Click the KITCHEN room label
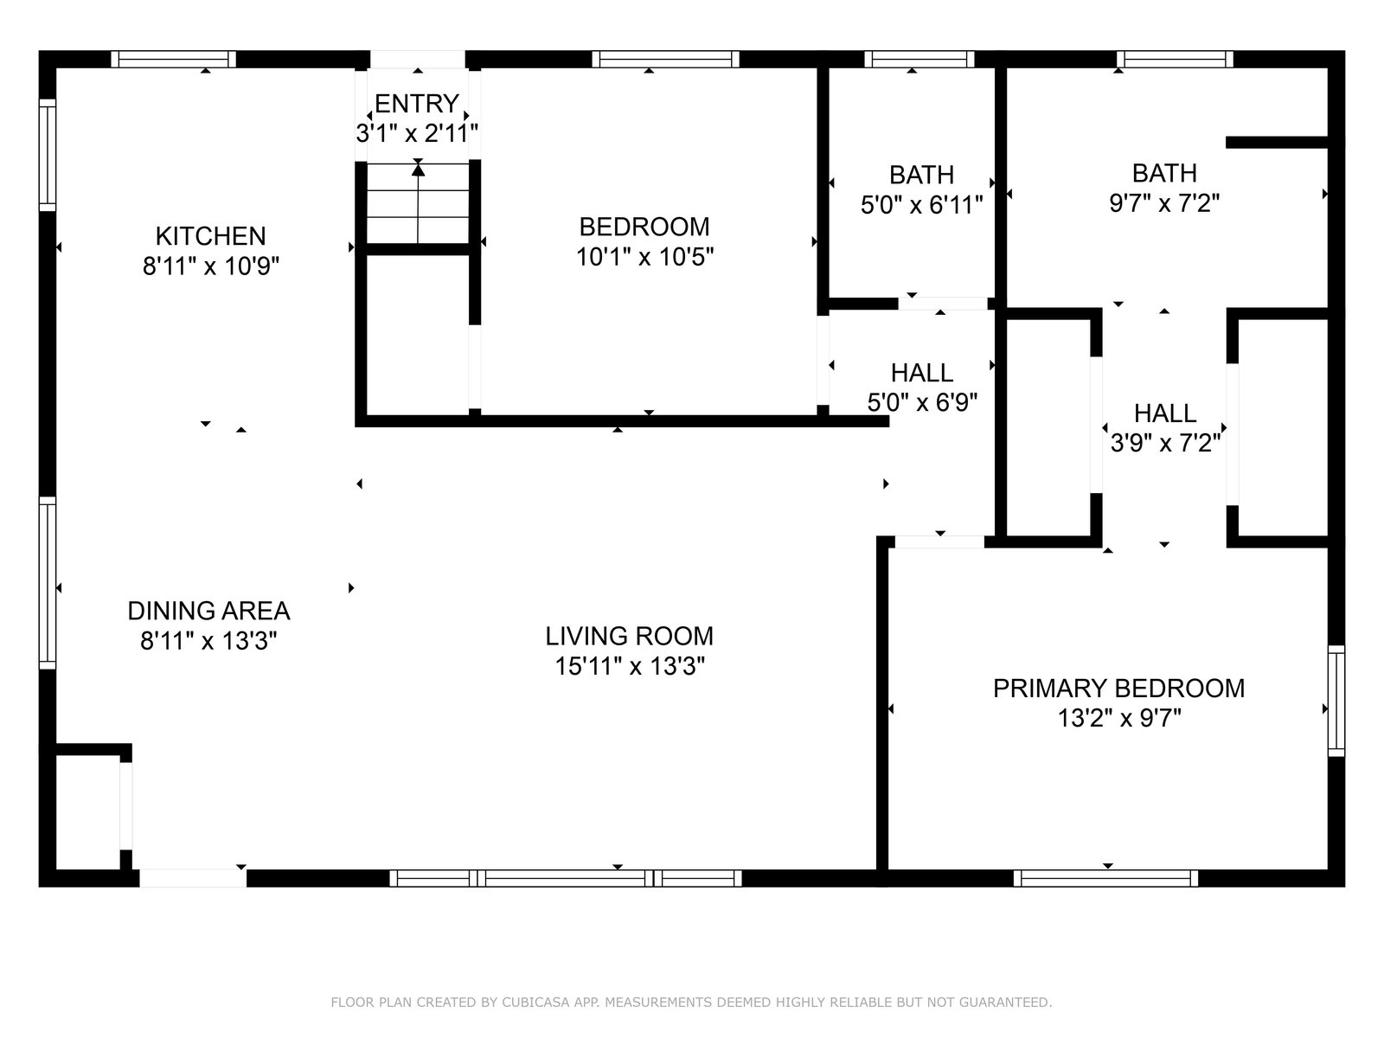[x=210, y=236]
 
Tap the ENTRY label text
[x=417, y=103]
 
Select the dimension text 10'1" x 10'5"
[x=644, y=257]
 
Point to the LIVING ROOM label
[x=629, y=636]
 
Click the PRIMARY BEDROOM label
[x=1119, y=689]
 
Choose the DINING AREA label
[x=208, y=611]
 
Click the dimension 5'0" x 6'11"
[x=922, y=205]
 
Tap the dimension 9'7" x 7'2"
[x=1164, y=203]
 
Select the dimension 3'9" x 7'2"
[x=1165, y=444]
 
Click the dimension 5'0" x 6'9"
[x=922, y=402]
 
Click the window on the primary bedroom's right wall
[x=1336, y=700]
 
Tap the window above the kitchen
[x=173, y=59]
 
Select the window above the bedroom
[x=665, y=59]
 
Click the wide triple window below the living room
[x=566, y=878]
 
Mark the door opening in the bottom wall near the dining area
[x=193, y=878]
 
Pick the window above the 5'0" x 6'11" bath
[x=919, y=59]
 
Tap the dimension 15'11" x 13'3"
[x=629, y=666]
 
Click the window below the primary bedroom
[x=1106, y=878]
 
